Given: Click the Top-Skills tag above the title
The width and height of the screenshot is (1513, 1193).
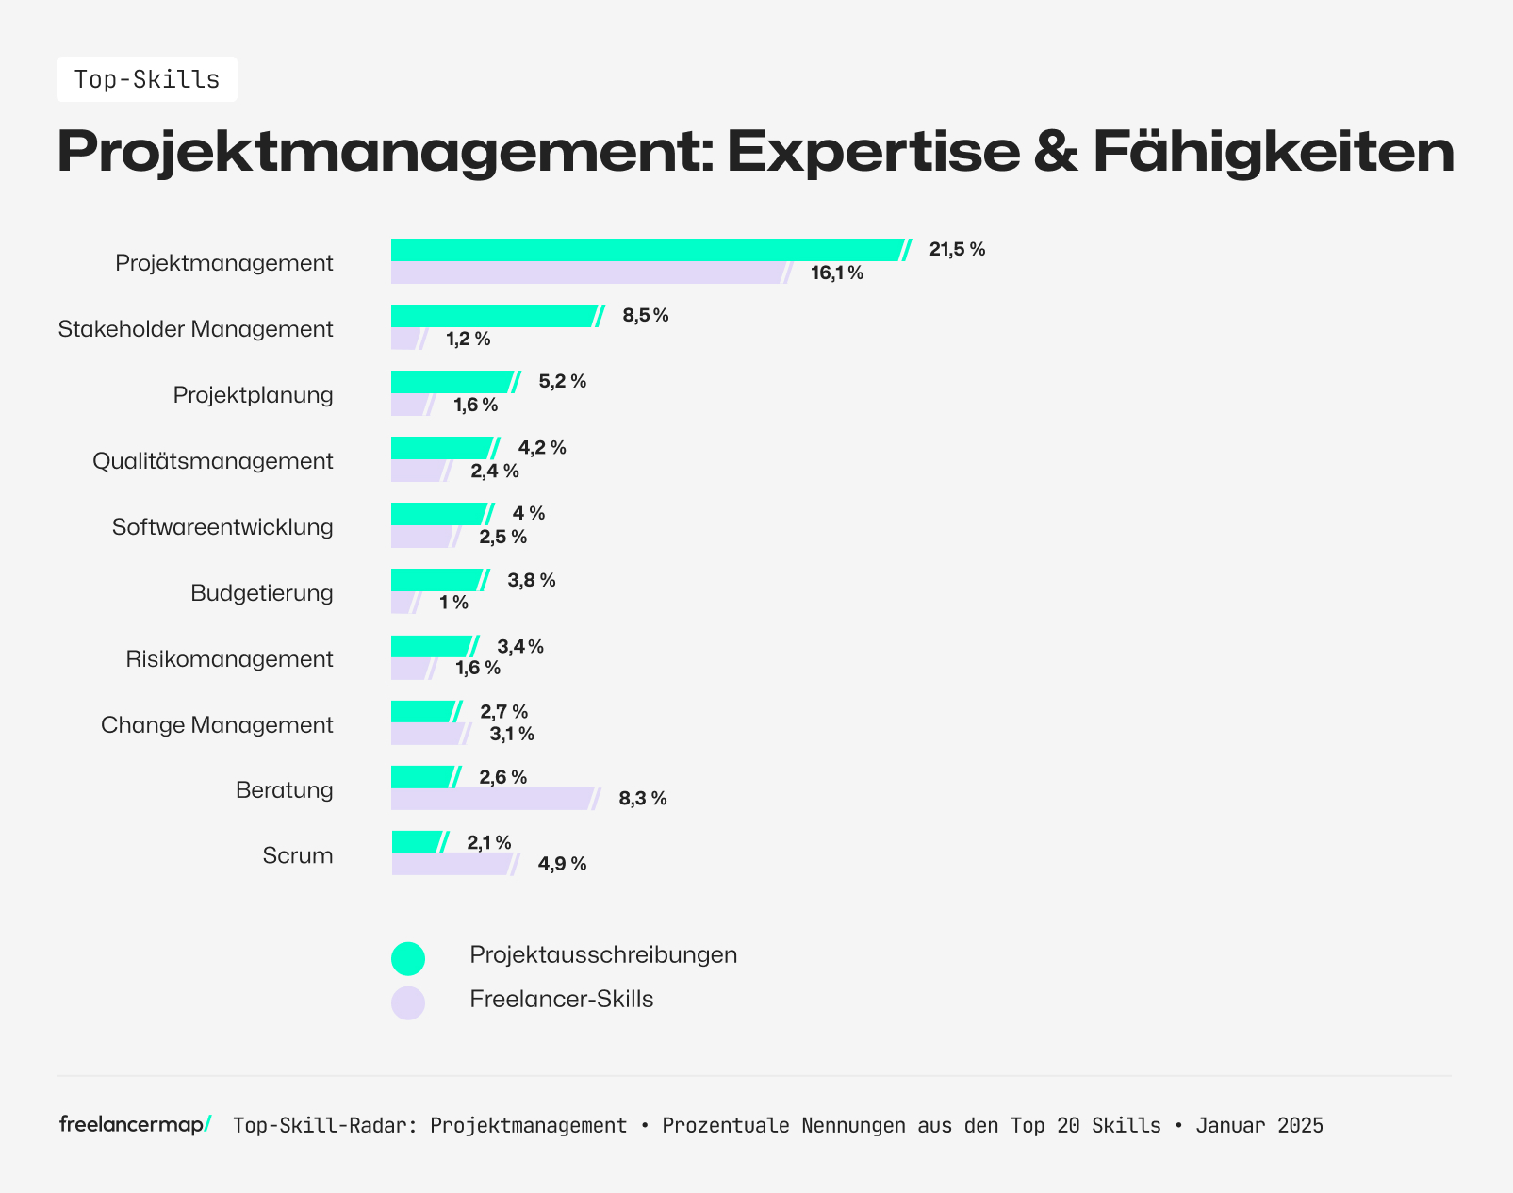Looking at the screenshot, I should point(147,79).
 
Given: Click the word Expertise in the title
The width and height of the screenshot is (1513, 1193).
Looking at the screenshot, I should point(873,151).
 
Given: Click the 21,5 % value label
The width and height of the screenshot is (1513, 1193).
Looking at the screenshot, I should point(957,250).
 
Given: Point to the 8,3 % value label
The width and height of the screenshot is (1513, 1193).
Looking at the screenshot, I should point(643,799).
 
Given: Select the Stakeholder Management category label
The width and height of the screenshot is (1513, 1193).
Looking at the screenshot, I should point(196,329).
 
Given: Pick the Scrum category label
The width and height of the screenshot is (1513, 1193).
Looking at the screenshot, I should point(298,856).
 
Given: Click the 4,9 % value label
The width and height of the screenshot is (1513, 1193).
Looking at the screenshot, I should point(562,864).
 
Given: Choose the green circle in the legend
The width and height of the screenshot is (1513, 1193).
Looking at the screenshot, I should point(408,958).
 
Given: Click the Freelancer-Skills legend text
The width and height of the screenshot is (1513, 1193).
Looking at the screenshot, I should point(561,999).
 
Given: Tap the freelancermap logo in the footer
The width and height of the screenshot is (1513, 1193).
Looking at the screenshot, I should point(135,1124).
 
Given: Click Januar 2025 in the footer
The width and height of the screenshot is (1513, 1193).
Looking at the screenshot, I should point(1259,1125).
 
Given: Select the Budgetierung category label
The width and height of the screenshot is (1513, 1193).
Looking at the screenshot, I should point(262,593).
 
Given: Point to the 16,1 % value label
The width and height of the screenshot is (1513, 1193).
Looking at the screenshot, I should point(837,273).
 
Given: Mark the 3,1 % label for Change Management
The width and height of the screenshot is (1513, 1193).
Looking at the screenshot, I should point(512,734).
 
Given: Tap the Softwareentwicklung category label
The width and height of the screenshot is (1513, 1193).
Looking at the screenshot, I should point(222,527).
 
